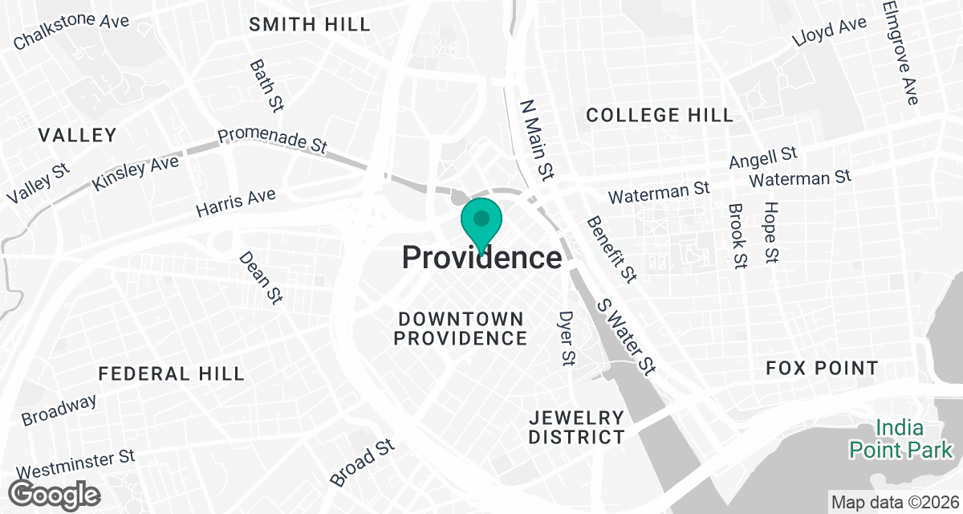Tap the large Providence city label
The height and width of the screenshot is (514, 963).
481,259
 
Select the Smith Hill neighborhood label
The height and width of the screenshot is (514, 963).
310,24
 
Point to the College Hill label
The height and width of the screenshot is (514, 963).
660,115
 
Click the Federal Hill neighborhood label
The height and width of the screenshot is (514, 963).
171,373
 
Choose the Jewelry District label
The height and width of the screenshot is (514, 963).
576,427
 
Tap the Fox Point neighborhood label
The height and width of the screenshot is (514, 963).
822,369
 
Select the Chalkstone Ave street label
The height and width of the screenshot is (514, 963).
71,31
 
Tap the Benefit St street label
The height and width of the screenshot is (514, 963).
612,249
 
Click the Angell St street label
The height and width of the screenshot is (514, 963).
762,157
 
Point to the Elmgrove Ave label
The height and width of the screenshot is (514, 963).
900,52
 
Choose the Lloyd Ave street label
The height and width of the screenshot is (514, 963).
829,32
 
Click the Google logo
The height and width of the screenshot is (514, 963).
55,493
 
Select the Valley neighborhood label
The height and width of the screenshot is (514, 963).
77,134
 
